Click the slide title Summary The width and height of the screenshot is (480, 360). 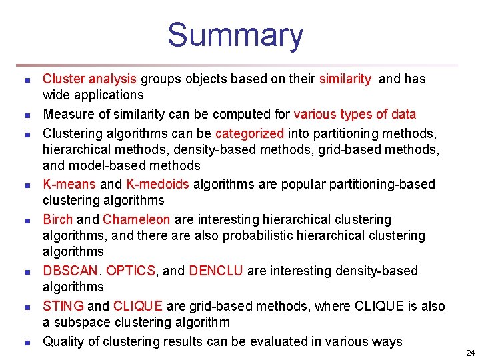235,35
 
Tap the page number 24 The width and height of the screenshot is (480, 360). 470,353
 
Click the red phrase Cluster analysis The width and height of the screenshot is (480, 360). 90,79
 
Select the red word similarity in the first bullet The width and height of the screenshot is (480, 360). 345,79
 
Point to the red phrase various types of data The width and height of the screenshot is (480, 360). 355,114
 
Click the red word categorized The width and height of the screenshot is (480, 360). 249,133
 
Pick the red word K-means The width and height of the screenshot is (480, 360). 69,184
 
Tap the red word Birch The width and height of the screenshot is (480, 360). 58,219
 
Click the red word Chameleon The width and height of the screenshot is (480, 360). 137,219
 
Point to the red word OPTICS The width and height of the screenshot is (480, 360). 131,271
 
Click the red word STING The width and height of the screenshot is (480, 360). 63,306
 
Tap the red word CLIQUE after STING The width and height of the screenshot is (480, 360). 138,306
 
